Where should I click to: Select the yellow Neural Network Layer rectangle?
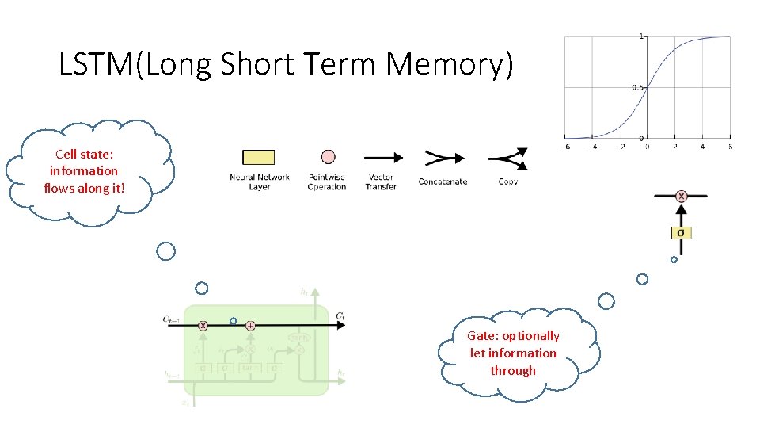tap(258, 157)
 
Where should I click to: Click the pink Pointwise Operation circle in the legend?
tap(328, 157)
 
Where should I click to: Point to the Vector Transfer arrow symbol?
tap(382, 158)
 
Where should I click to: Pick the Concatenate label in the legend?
tap(443, 182)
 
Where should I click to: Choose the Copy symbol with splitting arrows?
tap(507, 159)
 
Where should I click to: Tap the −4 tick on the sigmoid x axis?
tap(592, 147)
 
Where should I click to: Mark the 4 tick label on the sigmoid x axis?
tap(702, 147)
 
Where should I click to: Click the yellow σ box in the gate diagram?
tap(681, 232)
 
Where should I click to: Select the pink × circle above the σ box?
tap(681, 195)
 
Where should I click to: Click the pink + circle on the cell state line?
tap(250, 325)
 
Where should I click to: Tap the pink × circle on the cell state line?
tap(203, 325)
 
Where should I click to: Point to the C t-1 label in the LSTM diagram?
tap(172, 319)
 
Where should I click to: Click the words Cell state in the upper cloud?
tap(84, 154)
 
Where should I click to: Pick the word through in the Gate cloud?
tap(513, 371)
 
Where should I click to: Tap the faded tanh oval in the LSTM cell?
tap(298, 336)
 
